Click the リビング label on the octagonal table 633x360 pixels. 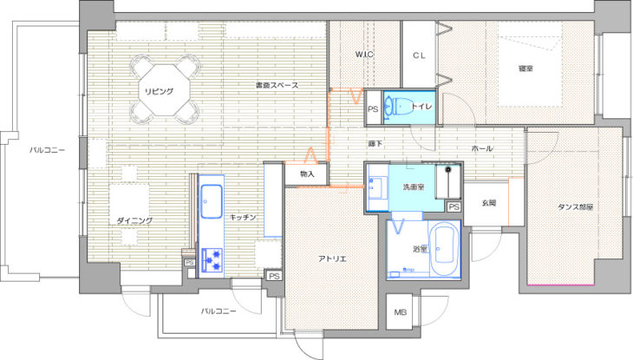click(x=159, y=91)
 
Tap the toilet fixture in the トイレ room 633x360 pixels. click(x=398, y=107)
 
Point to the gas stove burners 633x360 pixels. click(x=212, y=259)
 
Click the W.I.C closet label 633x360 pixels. click(x=364, y=54)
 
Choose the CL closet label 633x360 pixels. click(x=419, y=56)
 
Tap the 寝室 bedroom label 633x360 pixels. click(x=525, y=69)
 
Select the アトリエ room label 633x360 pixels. click(x=332, y=259)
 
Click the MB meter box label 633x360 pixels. click(x=400, y=312)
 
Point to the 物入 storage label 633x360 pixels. click(x=307, y=174)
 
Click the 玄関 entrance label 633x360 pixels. click(x=488, y=203)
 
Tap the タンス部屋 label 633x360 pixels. click(x=575, y=207)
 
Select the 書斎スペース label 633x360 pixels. click(x=277, y=85)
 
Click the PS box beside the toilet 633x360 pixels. click(x=374, y=108)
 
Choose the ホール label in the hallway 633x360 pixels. click(x=482, y=148)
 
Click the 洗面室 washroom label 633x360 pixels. click(x=413, y=187)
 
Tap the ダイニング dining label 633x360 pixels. click(x=134, y=220)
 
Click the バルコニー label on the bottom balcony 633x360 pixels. click(x=219, y=311)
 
